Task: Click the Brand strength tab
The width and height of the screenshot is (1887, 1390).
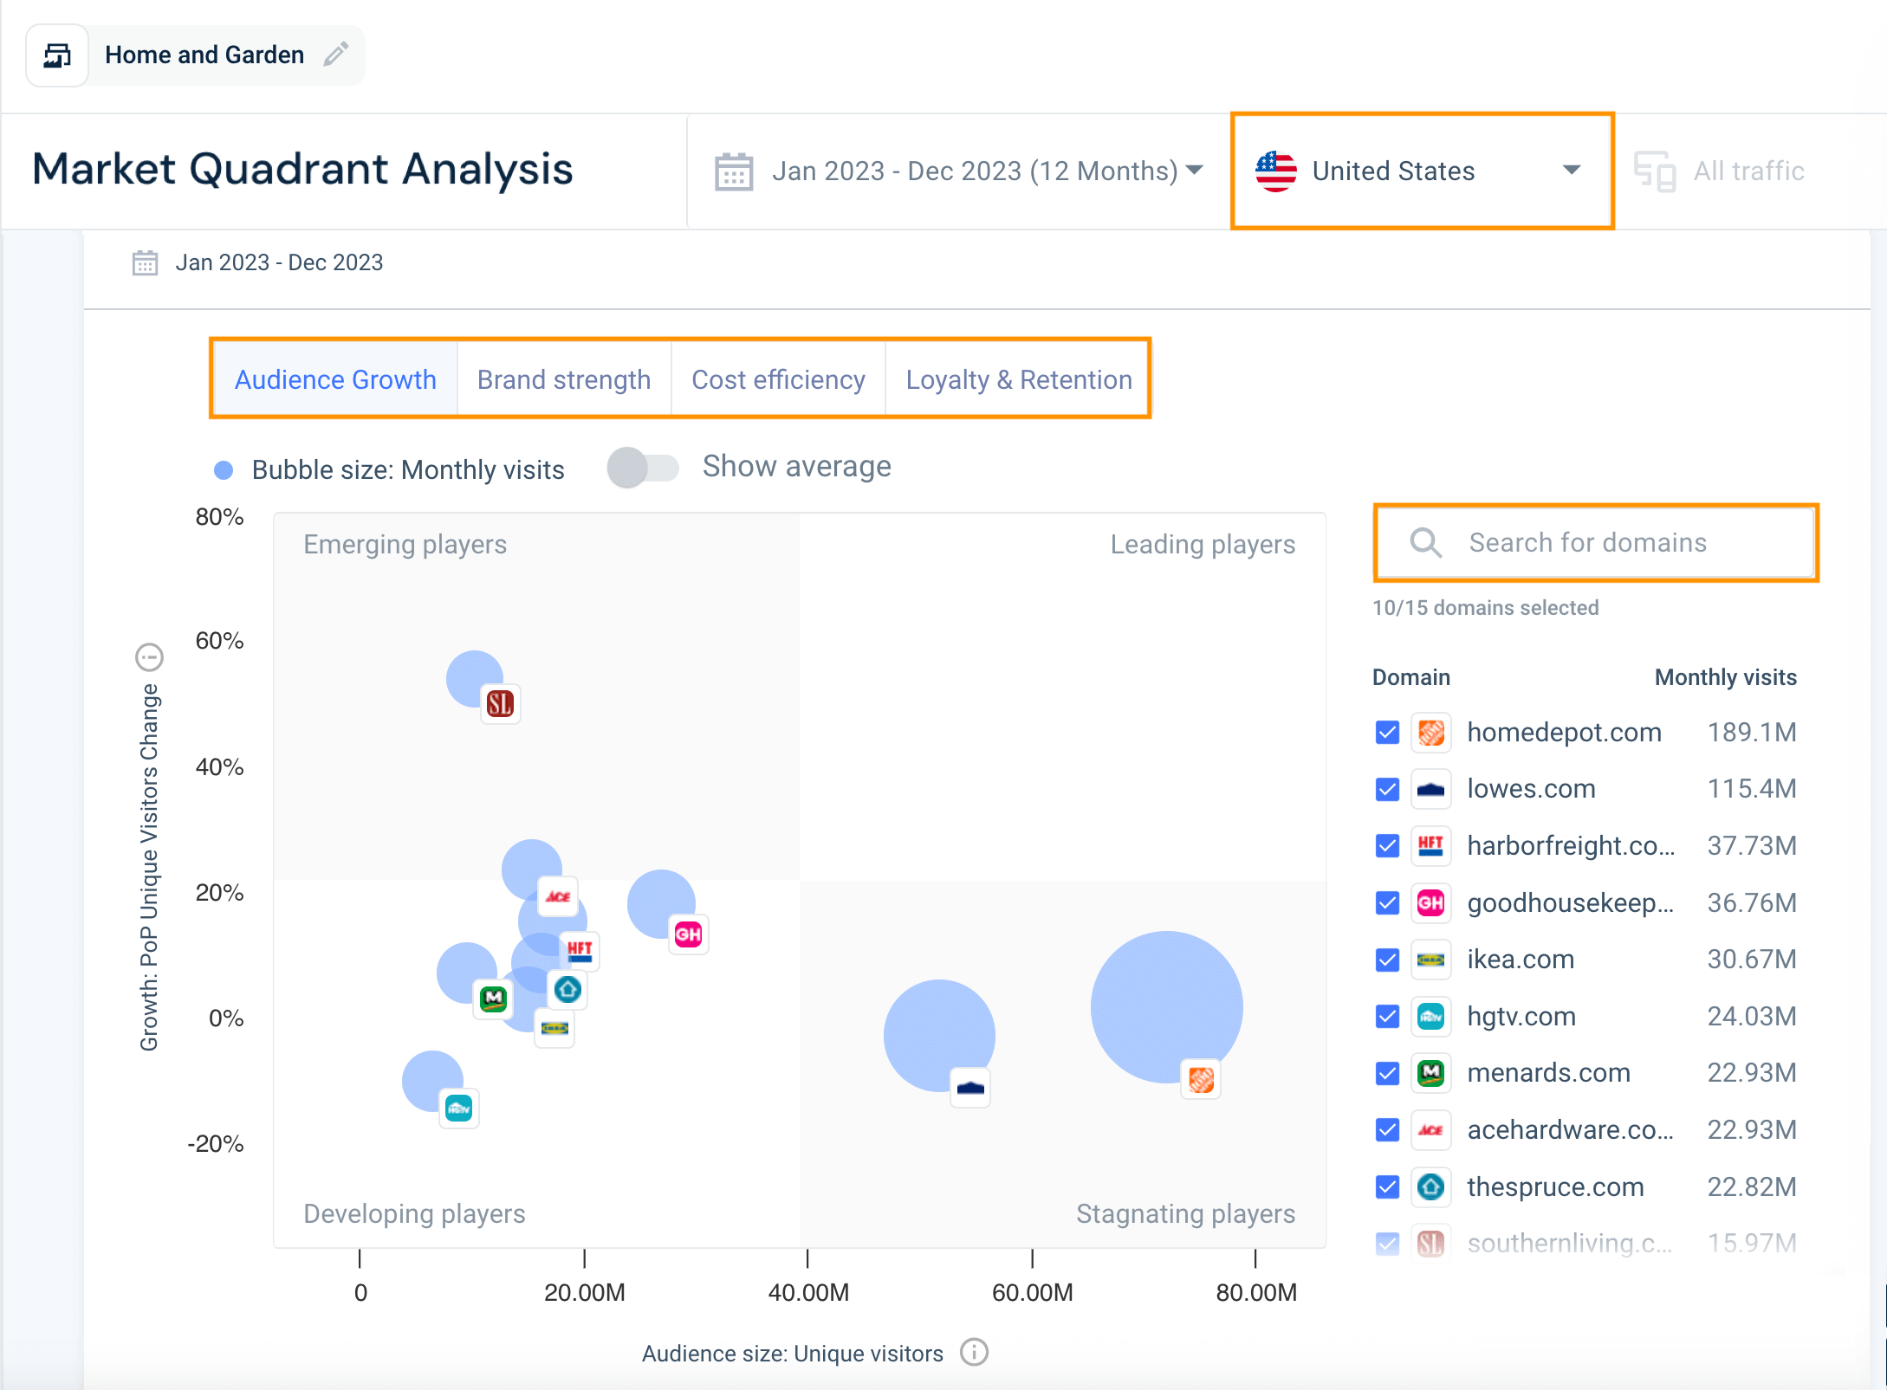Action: pyautogui.click(x=563, y=379)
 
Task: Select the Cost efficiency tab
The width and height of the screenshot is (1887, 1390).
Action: pyautogui.click(x=778, y=379)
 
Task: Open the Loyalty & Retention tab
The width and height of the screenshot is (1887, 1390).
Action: pyautogui.click(x=1018, y=379)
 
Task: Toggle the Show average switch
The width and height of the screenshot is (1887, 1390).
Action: pyautogui.click(x=642, y=468)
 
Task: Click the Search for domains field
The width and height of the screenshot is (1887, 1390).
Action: pyautogui.click(x=1594, y=543)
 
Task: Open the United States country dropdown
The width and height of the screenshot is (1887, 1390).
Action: pyautogui.click(x=1421, y=171)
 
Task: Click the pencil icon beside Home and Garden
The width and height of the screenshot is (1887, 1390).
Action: pyautogui.click(x=336, y=55)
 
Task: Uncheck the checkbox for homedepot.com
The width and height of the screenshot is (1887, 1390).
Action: pyautogui.click(x=1387, y=733)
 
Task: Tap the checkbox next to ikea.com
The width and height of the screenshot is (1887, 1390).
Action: pyautogui.click(x=1387, y=960)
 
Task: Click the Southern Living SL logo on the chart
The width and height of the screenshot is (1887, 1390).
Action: pyautogui.click(x=500, y=703)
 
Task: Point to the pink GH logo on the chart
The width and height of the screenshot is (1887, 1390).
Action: pyautogui.click(x=688, y=934)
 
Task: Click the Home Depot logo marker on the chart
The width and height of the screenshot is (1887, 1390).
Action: pyautogui.click(x=1201, y=1079)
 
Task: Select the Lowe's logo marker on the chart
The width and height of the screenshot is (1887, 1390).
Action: pyautogui.click(x=970, y=1088)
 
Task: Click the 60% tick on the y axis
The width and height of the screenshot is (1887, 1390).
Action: pyautogui.click(x=219, y=641)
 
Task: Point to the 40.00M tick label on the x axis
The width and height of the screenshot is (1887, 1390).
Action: pyautogui.click(x=808, y=1292)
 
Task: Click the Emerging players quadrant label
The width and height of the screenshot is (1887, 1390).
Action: pyautogui.click(x=405, y=545)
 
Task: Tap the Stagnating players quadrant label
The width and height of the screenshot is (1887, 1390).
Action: pyautogui.click(x=1185, y=1213)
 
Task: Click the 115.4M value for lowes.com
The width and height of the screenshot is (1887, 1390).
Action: pyautogui.click(x=1751, y=789)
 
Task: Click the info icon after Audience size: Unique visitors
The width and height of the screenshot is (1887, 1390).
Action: pyautogui.click(x=975, y=1352)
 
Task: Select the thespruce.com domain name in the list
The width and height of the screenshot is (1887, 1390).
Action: pyautogui.click(x=1555, y=1186)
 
